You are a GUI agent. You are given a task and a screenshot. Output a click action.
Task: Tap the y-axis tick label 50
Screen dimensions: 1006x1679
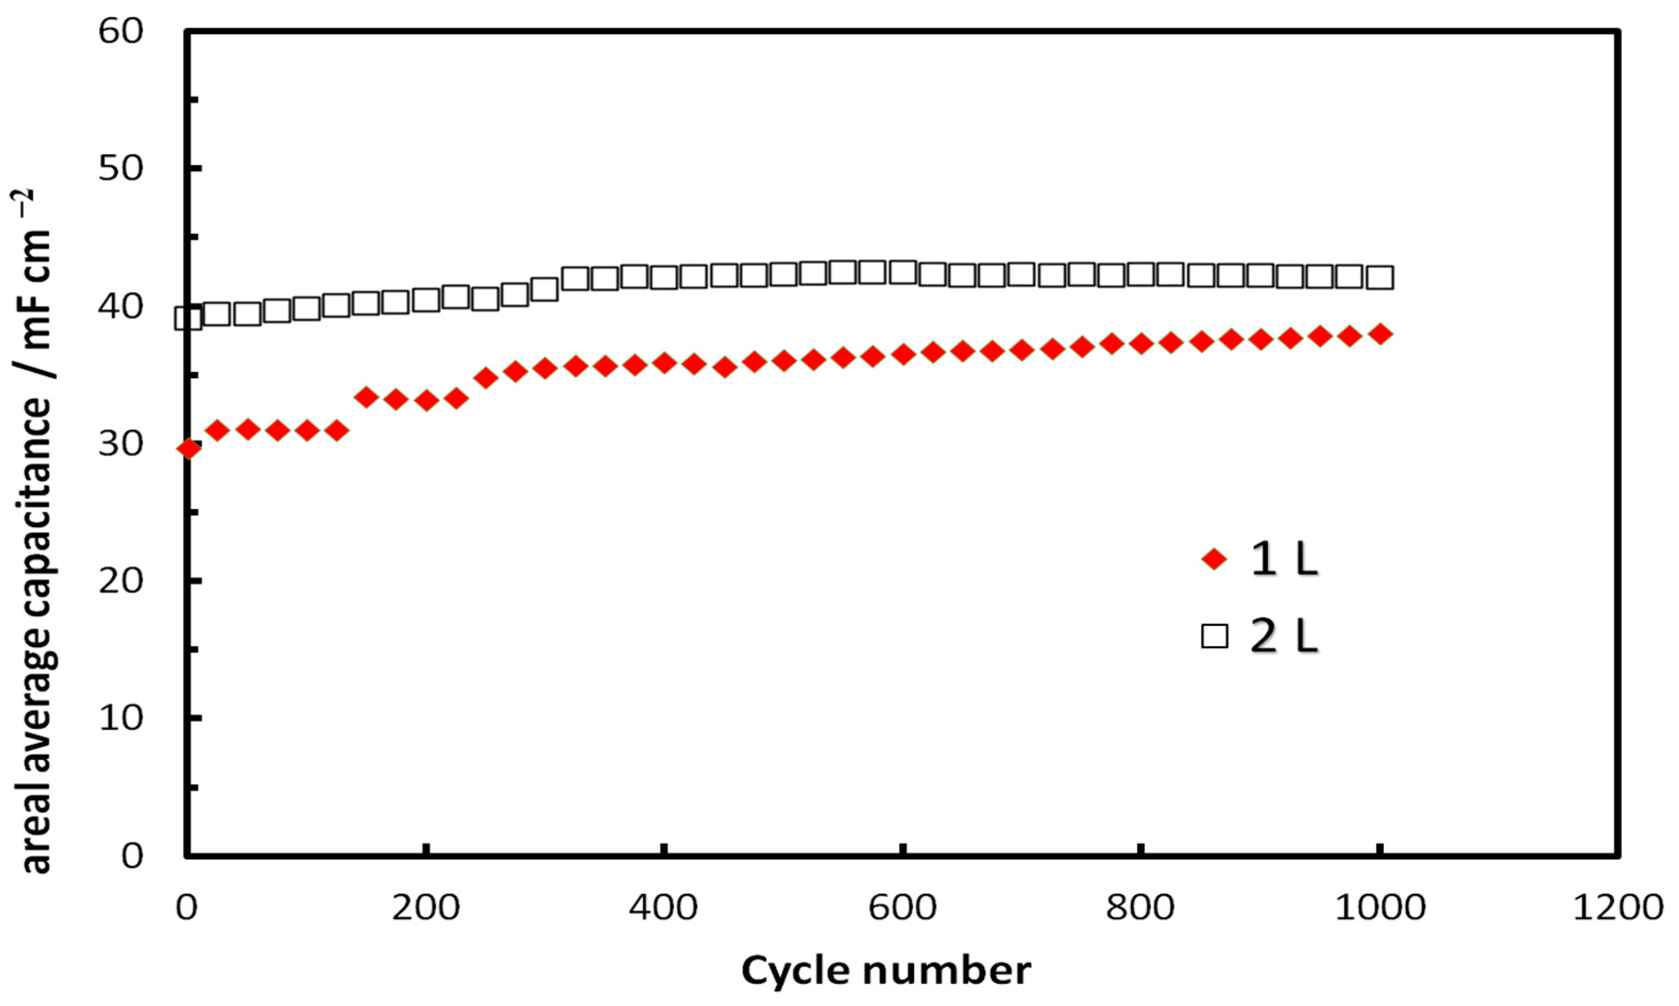121,169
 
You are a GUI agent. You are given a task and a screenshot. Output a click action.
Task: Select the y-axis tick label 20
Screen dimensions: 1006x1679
121,581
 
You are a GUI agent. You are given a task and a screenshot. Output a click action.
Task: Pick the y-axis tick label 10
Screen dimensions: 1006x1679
121,718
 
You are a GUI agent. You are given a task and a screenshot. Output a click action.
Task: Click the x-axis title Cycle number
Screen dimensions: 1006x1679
886,971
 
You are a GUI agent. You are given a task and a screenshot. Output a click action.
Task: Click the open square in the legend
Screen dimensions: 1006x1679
1214,637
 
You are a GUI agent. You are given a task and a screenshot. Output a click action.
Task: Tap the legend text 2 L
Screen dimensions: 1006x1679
1284,637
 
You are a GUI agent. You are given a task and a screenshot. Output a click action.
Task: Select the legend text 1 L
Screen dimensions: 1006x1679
1284,560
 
